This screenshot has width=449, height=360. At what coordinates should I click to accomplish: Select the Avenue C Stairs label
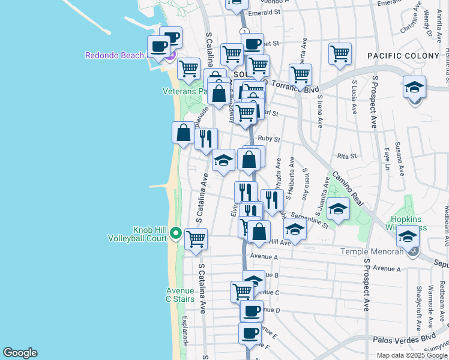pos(179,295)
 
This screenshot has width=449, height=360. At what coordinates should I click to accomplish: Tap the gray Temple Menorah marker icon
pos(413,251)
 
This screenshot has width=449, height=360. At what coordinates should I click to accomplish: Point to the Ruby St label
pos(269,139)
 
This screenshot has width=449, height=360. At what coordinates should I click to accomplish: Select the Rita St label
pos(347,156)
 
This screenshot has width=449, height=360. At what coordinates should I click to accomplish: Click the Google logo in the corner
pos(20,353)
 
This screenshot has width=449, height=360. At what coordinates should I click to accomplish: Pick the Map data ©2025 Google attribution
pos(412,355)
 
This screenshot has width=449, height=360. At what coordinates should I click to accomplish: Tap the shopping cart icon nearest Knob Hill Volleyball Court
pos(196,239)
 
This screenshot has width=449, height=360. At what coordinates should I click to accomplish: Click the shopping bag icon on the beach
pos(183,132)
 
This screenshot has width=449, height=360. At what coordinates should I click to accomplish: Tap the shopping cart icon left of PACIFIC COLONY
pos(340,53)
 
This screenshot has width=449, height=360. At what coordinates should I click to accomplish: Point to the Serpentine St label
pos(309,221)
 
